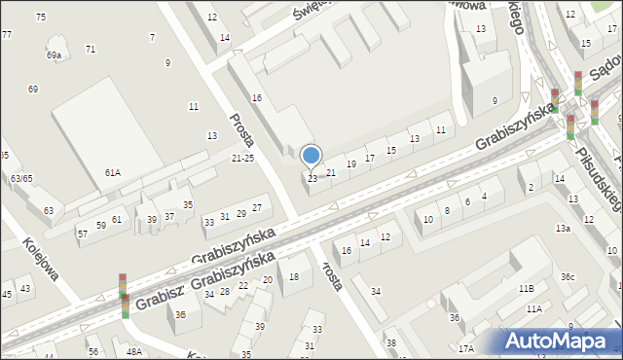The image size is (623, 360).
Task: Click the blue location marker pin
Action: tap(311, 156)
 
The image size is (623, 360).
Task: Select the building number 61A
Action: tap(113, 172)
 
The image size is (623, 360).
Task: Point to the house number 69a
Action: tap(54, 55)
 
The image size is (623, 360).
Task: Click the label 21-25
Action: tap(242, 158)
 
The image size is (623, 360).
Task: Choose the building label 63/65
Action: tap(21, 179)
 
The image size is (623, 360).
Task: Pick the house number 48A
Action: tap(132, 351)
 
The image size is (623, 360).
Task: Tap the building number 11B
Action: tap(526, 288)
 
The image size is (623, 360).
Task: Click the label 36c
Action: tap(568, 277)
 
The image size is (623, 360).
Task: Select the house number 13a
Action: tap(563, 228)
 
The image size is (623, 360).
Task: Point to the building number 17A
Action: tap(466, 348)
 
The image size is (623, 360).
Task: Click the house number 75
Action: tap(40, 18)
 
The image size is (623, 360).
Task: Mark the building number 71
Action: tap(91, 49)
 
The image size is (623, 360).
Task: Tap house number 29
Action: tap(241, 212)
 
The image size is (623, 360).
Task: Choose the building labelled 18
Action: tap(293, 277)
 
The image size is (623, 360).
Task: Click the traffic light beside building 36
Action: tap(124, 295)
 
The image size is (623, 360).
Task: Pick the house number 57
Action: tap(82, 234)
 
